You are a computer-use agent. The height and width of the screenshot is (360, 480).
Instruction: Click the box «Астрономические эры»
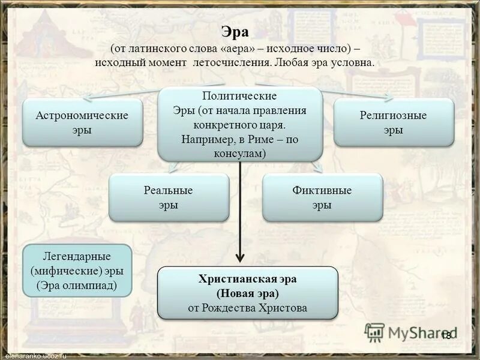click(82, 122)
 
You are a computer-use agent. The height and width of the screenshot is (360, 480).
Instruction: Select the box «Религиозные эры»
click(393, 122)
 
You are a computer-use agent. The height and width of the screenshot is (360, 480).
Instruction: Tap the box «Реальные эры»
click(169, 197)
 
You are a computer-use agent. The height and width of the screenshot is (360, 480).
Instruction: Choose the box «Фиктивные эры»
click(322, 197)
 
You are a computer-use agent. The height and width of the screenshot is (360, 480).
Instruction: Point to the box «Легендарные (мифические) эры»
click(77, 270)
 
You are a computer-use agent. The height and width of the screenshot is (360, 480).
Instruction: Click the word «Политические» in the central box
click(239, 96)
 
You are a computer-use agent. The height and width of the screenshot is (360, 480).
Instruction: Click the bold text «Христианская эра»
click(247, 280)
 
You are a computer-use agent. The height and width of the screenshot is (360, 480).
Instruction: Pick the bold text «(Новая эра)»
click(247, 294)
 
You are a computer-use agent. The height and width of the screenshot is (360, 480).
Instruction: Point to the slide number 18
click(446, 335)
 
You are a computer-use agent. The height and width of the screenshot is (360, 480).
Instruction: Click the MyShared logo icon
click(375, 332)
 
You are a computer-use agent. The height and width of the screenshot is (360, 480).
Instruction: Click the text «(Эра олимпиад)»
click(77, 285)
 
